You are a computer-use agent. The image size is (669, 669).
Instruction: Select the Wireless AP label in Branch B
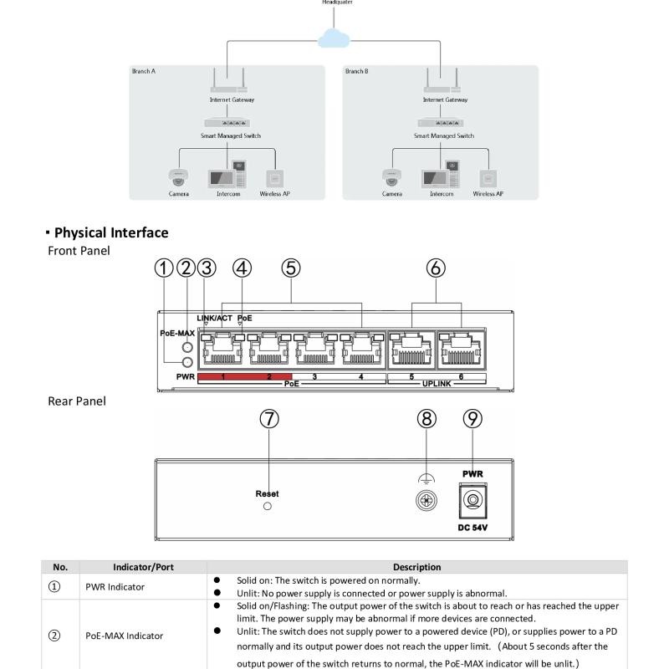pos(488,193)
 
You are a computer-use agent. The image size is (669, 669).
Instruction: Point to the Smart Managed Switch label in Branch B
pos(444,135)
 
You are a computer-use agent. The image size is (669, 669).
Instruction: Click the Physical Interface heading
pos(111,232)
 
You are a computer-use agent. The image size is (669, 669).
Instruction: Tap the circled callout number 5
pos(290,268)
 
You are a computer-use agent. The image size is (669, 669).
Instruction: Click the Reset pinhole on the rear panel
pos(268,506)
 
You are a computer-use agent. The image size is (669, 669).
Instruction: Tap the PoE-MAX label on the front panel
pos(176,332)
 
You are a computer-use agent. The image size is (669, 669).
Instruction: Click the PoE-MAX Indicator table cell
pos(123,636)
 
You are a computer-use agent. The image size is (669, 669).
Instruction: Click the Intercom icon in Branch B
pos(441,176)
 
